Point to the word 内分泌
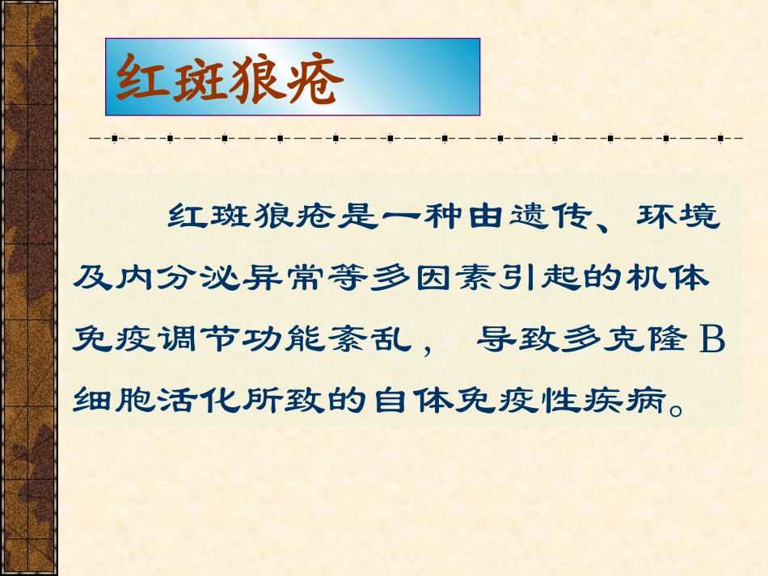point(154,279)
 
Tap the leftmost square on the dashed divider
point(114,138)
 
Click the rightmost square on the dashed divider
point(719,138)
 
